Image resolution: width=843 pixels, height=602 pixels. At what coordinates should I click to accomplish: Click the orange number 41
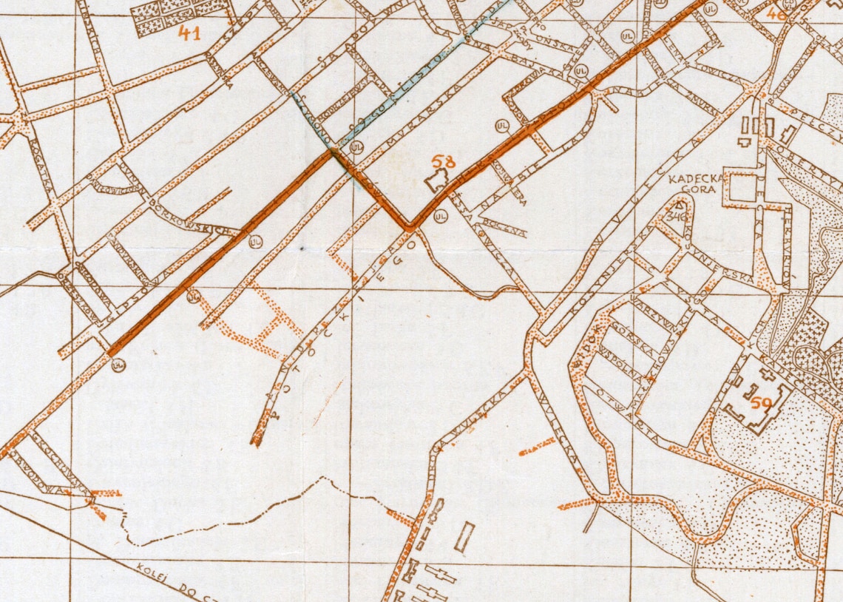[x=189, y=33]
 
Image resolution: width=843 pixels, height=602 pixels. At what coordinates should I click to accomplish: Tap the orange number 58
[x=444, y=162]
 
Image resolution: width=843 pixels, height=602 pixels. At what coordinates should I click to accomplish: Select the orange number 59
[x=761, y=404]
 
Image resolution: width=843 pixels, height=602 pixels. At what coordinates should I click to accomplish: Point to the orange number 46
[x=776, y=13]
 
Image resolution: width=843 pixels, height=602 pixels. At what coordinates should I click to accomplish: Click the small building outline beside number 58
[x=437, y=180]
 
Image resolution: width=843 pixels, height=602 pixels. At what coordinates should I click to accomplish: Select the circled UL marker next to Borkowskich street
[x=255, y=241]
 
